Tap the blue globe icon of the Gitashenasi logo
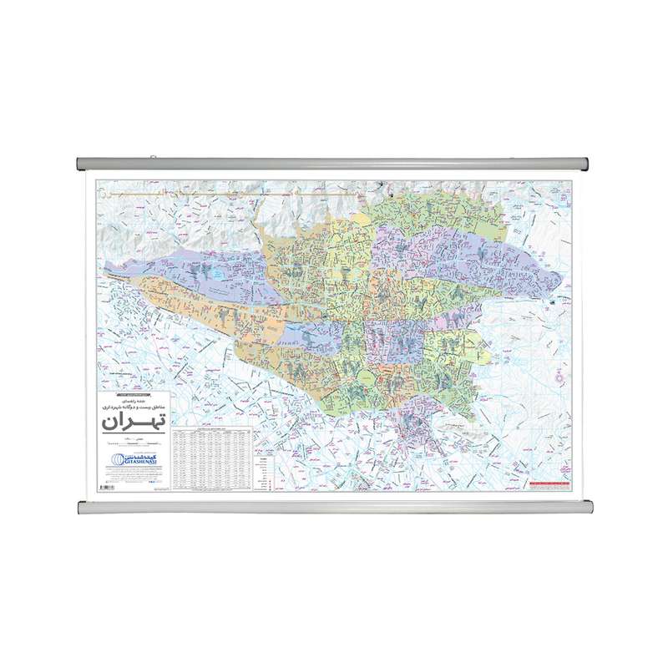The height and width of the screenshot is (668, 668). pos(118,459)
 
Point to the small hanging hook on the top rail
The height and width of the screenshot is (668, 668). pos(152,156)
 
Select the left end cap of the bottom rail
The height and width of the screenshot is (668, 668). pos(83,507)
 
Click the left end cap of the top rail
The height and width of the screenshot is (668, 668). pos(83,162)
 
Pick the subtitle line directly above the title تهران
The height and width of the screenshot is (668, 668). pos(134,405)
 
